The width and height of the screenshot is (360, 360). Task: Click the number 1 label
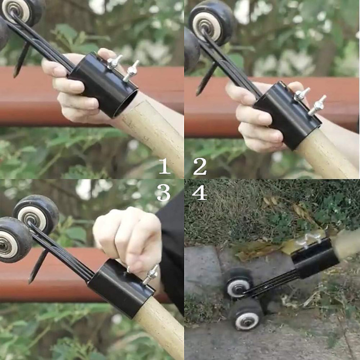(x=164, y=166)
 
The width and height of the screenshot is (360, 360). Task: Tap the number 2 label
(x=200, y=166)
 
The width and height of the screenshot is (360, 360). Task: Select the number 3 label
(x=164, y=192)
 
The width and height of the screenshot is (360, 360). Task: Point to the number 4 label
(x=199, y=192)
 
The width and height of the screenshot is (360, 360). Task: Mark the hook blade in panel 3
(x=38, y=265)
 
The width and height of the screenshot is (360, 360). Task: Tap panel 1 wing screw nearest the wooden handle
(x=131, y=71)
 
